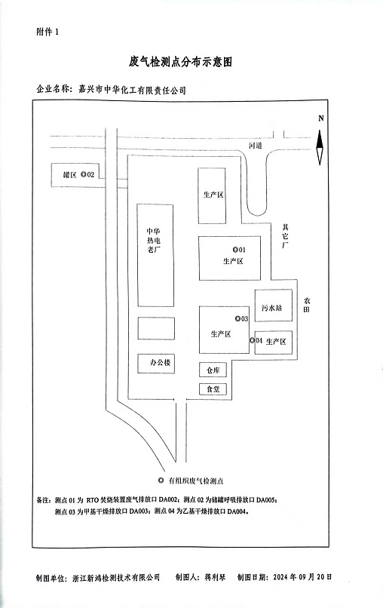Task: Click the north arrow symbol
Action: [x=320, y=148]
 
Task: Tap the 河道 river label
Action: [x=256, y=146]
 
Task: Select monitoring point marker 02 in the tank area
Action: [x=83, y=174]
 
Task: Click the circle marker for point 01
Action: [x=235, y=250]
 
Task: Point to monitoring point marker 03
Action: [x=237, y=319]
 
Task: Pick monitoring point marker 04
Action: [x=252, y=340]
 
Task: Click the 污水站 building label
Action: [x=271, y=308]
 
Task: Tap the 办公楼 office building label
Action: [x=160, y=363]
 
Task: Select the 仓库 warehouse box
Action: [x=213, y=370]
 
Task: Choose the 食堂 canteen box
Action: [x=213, y=389]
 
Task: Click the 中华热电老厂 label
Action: [x=154, y=241]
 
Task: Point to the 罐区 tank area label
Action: [x=70, y=175]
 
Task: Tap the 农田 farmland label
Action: [x=307, y=305]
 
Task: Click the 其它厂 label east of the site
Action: [x=285, y=236]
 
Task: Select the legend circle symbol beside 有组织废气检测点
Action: [x=161, y=481]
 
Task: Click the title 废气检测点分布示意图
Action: [x=181, y=61]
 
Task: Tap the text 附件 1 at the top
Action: [x=47, y=32]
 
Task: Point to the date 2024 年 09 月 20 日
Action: [x=302, y=577]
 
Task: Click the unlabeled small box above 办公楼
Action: [x=156, y=328]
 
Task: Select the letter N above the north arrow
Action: [x=320, y=118]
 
